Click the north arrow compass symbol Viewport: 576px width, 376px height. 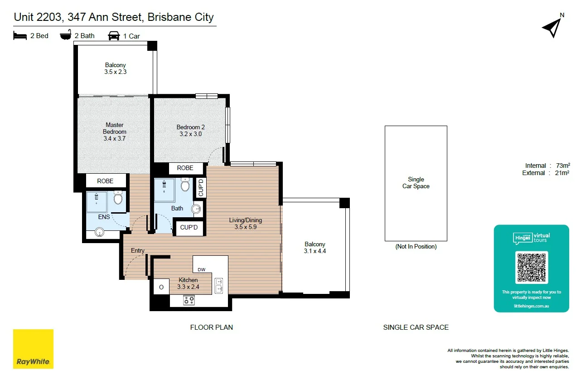coord(553,28)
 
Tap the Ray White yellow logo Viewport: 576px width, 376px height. coord(33,349)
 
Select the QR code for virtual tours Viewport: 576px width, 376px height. coord(532,268)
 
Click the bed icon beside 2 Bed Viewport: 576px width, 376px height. coord(20,36)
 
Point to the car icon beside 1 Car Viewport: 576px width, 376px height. coord(114,36)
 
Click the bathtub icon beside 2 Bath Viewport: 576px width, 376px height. coord(66,35)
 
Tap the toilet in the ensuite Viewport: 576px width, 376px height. coord(118,198)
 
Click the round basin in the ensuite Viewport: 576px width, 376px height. coord(99,232)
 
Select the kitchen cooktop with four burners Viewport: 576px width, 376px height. coord(189,300)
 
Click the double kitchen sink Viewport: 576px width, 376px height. coord(218,286)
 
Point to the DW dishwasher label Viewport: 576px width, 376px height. coord(202,270)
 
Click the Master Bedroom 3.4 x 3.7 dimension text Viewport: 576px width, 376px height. coord(114,138)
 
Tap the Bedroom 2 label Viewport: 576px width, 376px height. coord(190,127)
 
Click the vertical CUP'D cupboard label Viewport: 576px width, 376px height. coord(201,188)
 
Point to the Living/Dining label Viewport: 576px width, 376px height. coord(246,220)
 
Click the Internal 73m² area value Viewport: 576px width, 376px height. coord(563,166)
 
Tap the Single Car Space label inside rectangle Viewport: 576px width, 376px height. coord(416,183)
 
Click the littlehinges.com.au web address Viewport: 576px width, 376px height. coord(532,306)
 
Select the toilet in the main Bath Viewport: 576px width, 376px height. coord(185,185)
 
